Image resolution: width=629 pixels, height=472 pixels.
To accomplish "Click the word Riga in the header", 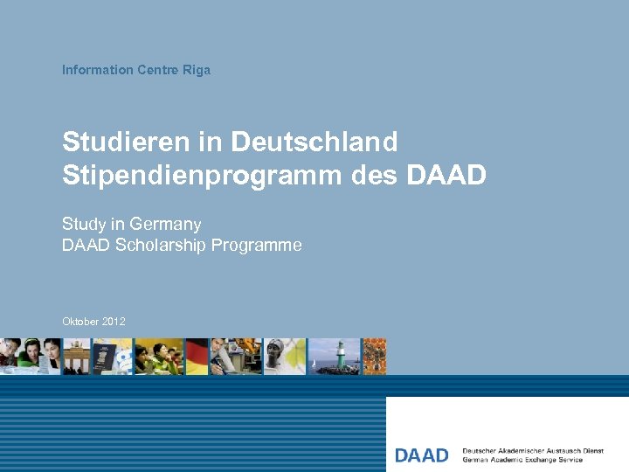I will [197, 70].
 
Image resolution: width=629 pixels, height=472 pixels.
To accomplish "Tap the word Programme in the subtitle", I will [260, 246].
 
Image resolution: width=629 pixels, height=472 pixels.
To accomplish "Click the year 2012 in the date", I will [113, 322].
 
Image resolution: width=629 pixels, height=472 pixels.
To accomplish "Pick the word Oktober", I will [79, 322].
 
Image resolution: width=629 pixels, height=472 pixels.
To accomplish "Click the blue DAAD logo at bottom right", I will [421, 455].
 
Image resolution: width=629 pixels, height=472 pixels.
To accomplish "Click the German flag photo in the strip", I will [197, 357].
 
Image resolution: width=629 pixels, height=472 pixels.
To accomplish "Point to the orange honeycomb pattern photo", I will [375, 357].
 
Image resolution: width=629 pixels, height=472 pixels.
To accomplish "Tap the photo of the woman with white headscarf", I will [285, 357].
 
